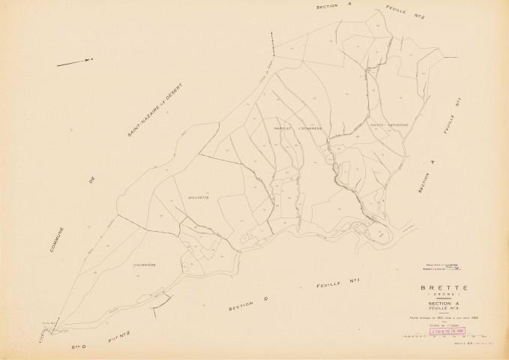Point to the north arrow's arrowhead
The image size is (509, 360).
coord(89,59)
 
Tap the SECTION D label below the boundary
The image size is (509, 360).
coord(247,303)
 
